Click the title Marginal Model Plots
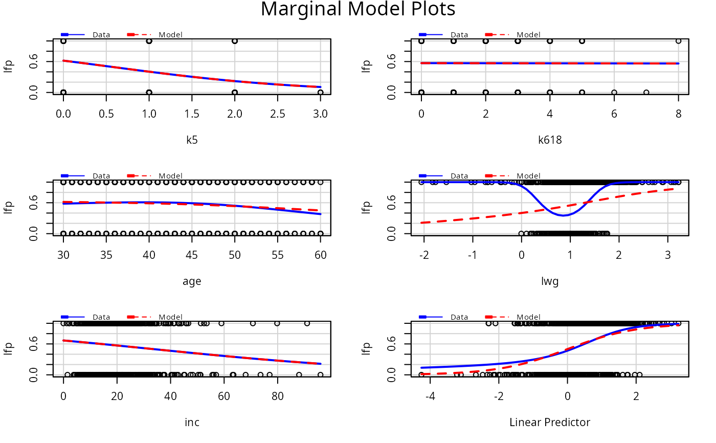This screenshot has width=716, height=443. (x=357, y=9)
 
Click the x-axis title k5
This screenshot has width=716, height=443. (x=192, y=140)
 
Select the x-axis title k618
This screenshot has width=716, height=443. (x=550, y=140)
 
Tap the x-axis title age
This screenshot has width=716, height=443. (x=192, y=281)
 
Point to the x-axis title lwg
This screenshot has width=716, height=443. (x=550, y=281)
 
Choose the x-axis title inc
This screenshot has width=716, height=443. (x=192, y=422)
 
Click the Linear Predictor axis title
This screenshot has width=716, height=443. (x=550, y=422)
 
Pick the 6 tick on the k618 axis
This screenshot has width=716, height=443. (x=614, y=113)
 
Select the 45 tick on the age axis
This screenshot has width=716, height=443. (x=192, y=254)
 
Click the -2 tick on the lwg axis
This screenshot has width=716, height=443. (x=424, y=254)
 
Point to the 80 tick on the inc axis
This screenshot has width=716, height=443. (x=277, y=395)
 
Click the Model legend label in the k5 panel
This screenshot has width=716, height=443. (x=170, y=35)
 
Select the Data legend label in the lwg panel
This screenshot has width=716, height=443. (x=459, y=176)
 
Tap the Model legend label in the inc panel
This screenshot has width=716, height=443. (x=170, y=317)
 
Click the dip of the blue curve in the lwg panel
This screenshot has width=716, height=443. (x=563, y=215)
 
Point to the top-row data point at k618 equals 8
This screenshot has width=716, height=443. (x=678, y=41)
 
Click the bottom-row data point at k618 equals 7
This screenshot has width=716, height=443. (x=646, y=93)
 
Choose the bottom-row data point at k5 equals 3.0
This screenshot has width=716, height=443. (x=320, y=93)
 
